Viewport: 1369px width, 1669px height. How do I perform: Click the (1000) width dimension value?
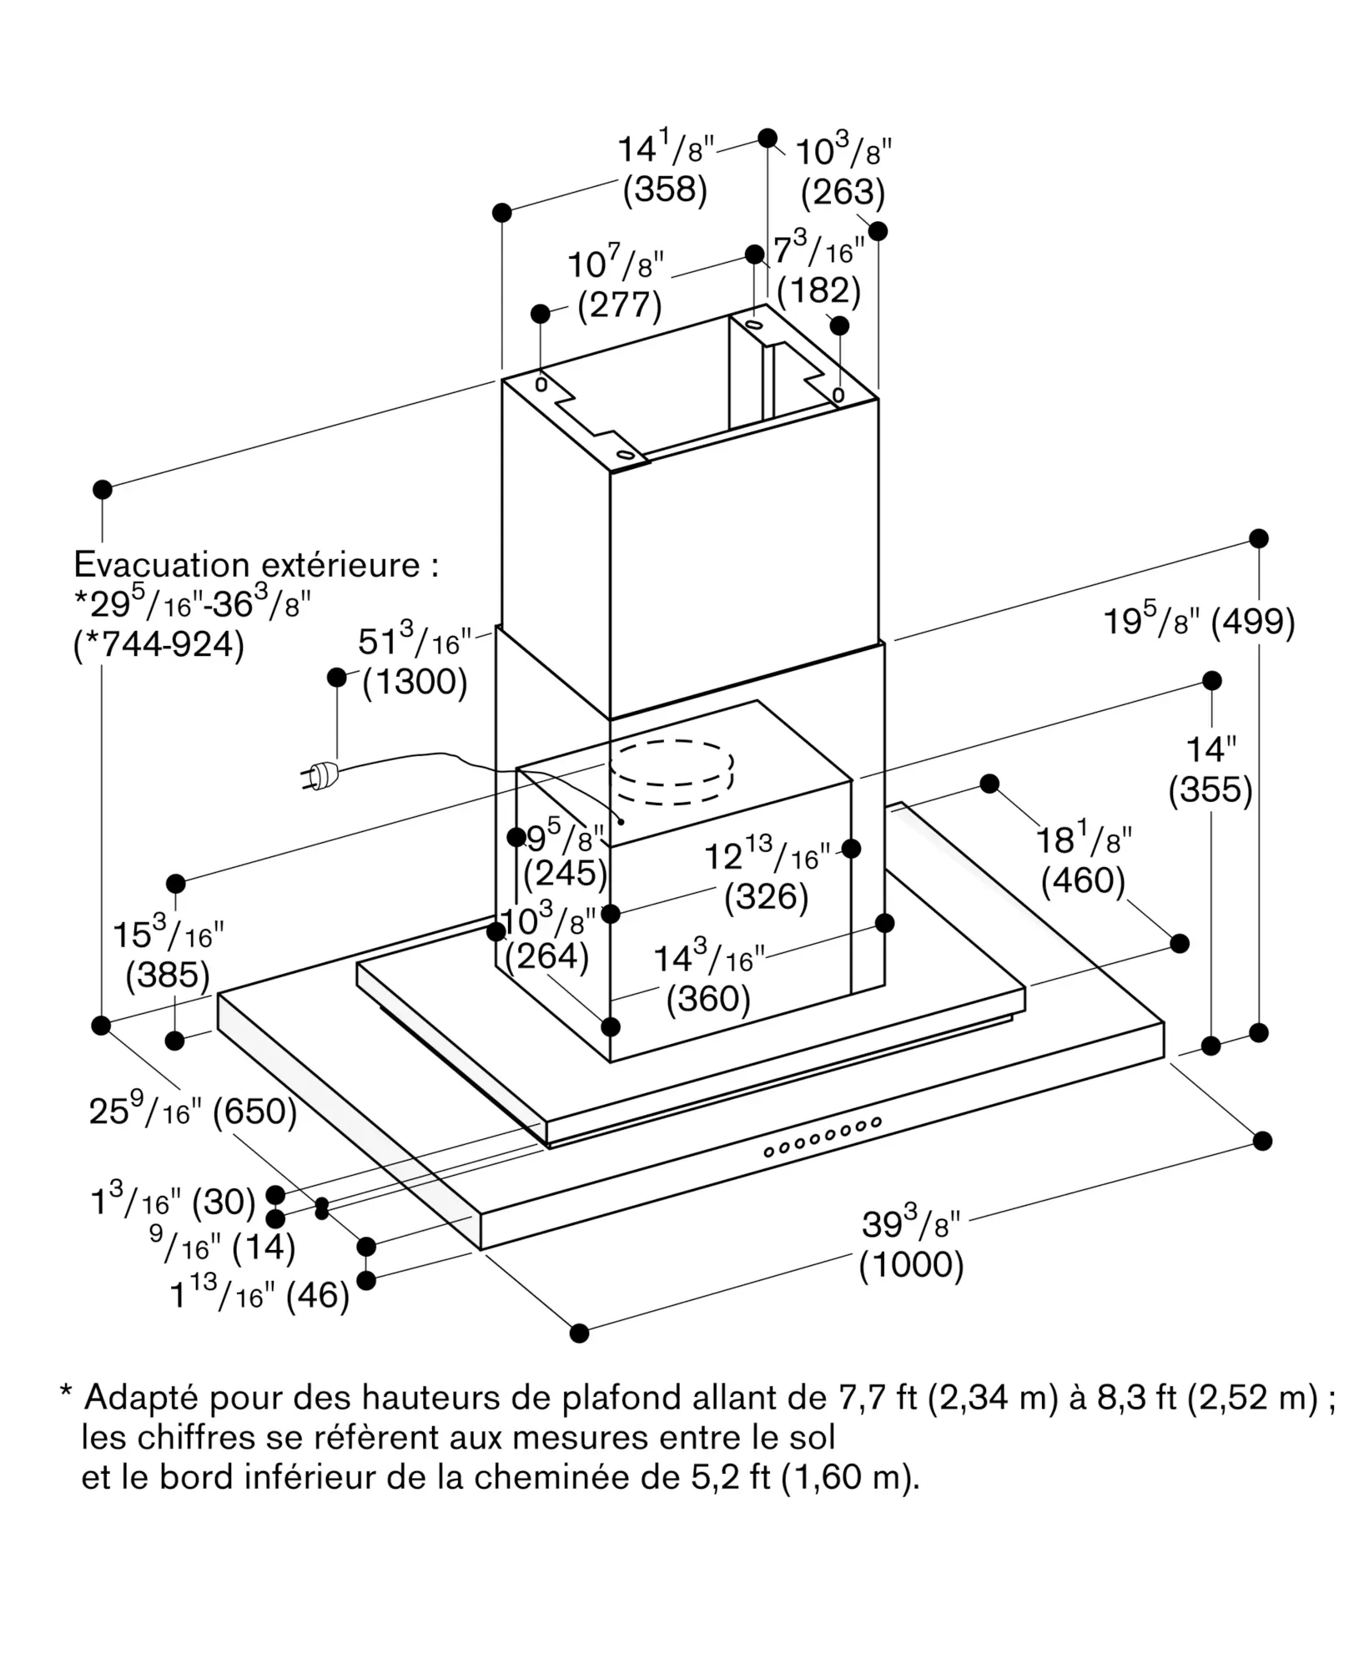[x=911, y=1265]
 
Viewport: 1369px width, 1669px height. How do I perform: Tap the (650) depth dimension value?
[x=255, y=1112]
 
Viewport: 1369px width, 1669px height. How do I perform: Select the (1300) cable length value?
[x=415, y=682]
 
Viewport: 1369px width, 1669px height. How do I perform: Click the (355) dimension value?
[x=1210, y=789]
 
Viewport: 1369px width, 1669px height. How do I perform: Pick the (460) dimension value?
[x=1083, y=880]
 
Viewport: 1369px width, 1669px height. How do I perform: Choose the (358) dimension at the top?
[x=665, y=189]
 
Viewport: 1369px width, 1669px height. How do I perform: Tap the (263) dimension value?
[x=843, y=192]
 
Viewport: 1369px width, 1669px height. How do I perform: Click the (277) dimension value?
[x=620, y=305]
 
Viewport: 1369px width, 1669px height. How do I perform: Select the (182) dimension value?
[x=818, y=290]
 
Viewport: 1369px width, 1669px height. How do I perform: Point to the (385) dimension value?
[x=168, y=975]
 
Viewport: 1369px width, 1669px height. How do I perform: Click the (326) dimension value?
[x=767, y=896]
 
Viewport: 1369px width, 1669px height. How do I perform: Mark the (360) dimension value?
[x=708, y=998]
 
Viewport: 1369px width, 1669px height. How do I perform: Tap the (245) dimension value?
[x=565, y=873]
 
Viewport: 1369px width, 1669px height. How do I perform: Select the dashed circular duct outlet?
[x=672, y=772]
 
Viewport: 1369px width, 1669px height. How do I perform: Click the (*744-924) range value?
[x=159, y=645]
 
